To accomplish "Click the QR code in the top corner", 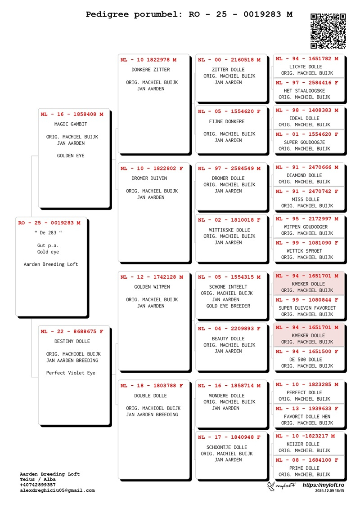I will pos(328,31).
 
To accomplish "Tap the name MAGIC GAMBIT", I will pos(71,125).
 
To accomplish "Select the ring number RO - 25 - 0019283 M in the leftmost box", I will pos(49,223).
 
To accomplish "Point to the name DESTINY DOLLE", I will pos(72,342).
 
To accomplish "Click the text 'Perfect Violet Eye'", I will pos(71,373).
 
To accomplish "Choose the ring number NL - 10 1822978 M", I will pos(148,60).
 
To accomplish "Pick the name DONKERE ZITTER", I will pos(151,70).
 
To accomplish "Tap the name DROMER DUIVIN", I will pos(149,178).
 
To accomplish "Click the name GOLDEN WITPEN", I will pos(152,287).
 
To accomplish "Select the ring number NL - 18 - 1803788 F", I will pos(152,386).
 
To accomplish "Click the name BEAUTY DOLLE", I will pos(228,339).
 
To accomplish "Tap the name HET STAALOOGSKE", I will pos(304,91).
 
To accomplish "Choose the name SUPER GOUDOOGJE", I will pos(304,142).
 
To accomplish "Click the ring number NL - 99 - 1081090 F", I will pos(307,243).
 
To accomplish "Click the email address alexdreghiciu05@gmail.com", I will pos(57,490).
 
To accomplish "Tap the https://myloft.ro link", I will pos(323,485).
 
